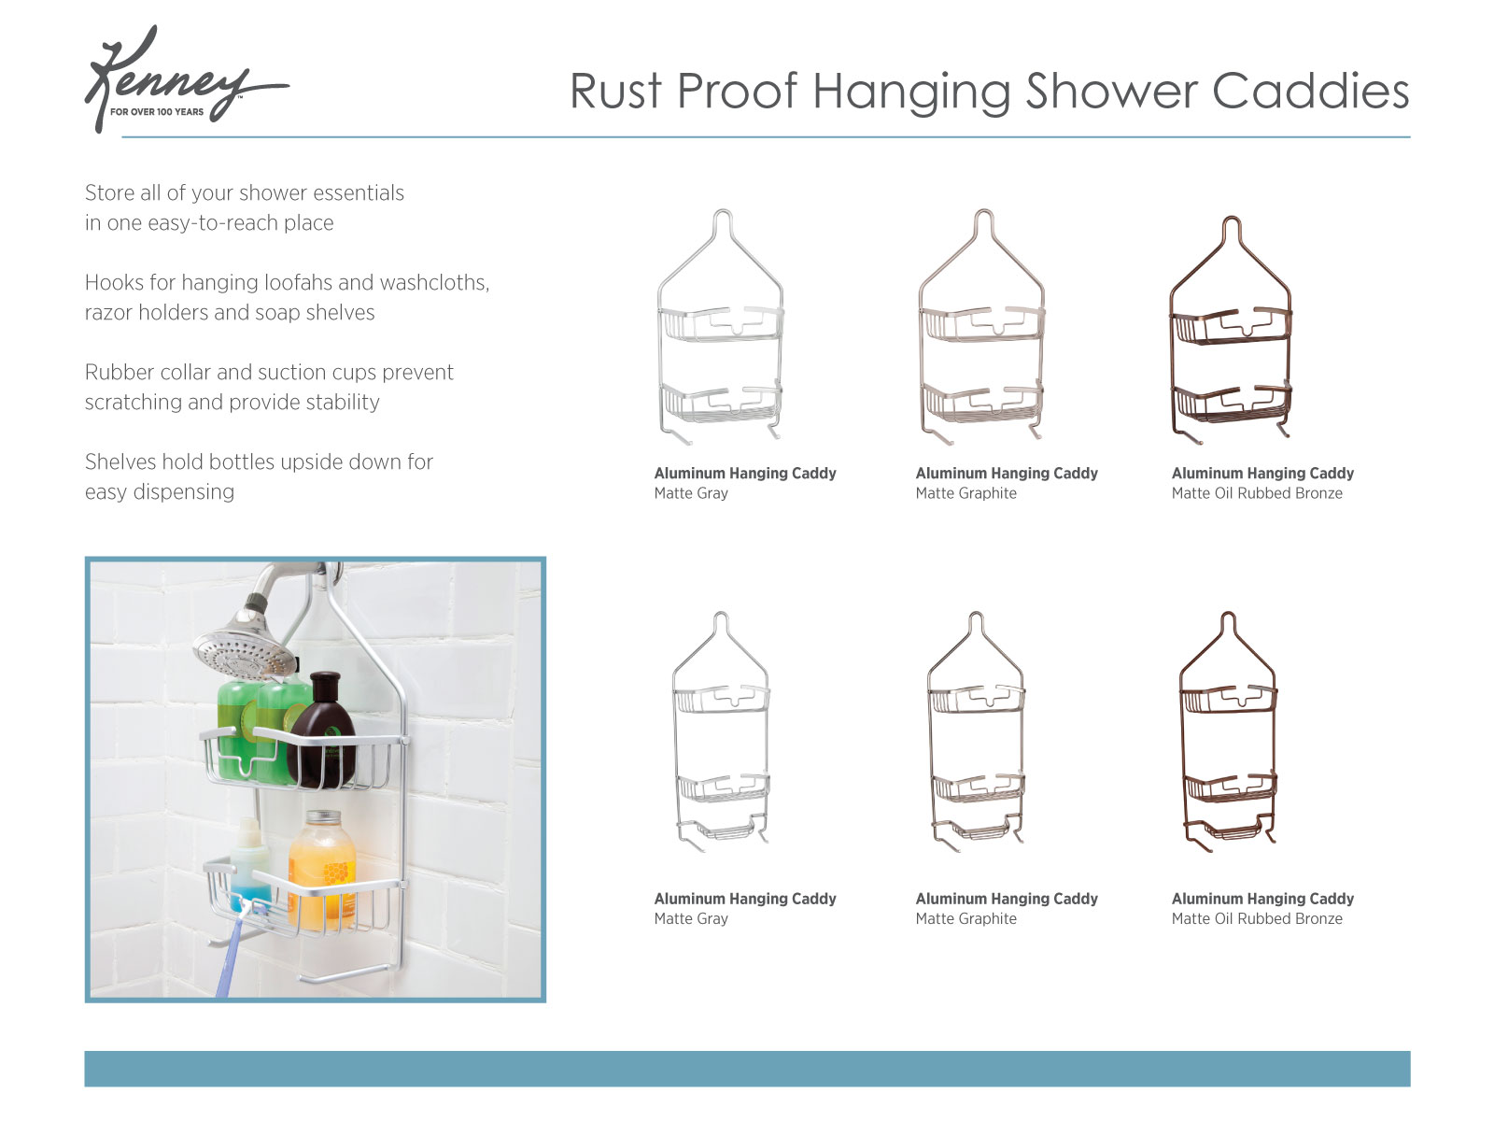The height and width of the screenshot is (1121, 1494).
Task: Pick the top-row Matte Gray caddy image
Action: click(721, 327)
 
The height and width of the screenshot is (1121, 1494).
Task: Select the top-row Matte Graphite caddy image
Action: click(981, 327)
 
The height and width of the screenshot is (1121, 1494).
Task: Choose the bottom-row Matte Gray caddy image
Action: click(721, 733)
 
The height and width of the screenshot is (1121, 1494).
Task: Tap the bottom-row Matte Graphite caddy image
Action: click(976, 733)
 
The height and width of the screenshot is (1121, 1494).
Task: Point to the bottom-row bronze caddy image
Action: click(1228, 733)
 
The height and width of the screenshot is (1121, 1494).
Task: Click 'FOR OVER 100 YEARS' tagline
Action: click(157, 112)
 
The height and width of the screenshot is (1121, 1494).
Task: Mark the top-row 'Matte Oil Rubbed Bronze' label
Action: click(1257, 493)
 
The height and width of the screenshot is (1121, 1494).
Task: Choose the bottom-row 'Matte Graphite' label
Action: click(965, 919)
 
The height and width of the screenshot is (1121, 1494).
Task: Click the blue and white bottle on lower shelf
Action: click(249, 864)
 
